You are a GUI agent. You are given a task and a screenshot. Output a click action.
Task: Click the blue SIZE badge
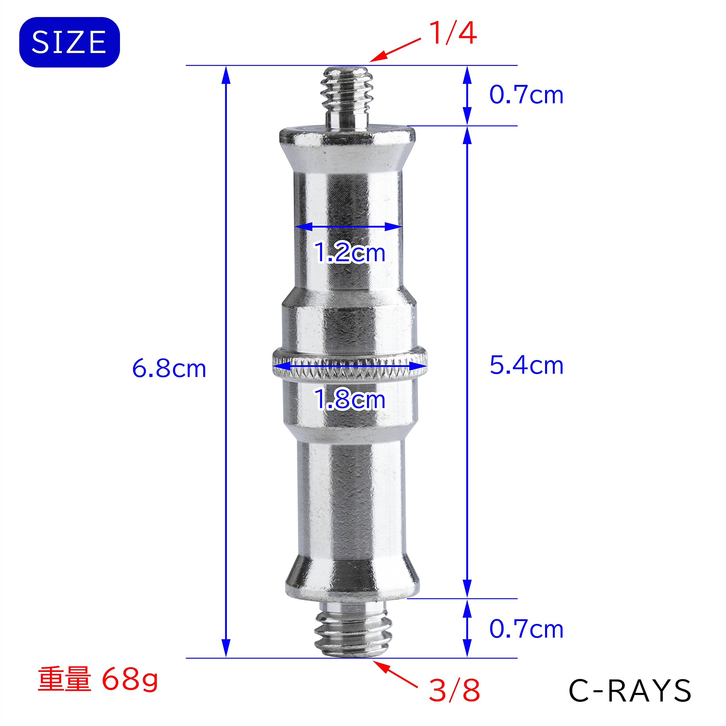pos(69,42)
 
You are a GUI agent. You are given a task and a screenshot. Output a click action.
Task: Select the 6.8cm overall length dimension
pos(169,369)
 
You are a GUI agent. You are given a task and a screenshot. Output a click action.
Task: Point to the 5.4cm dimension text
pos(526,365)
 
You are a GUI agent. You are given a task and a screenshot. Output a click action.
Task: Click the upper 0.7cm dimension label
pos(526,95)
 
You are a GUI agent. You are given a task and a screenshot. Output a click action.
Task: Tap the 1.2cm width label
pos(349,252)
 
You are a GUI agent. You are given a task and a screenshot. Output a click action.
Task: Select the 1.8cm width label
pos(349,400)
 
